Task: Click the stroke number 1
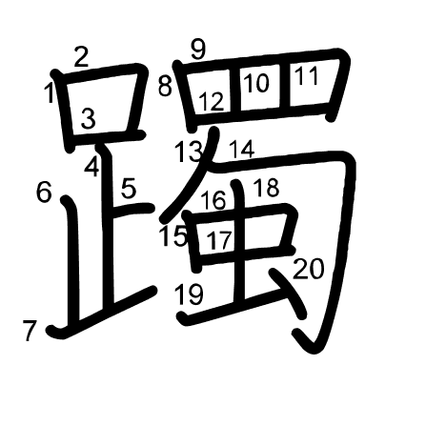[x=49, y=92]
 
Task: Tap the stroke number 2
[x=81, y=56]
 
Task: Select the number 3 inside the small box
[x=88, y=118]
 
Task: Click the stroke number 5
[x=129, y=188]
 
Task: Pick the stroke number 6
[x=44, y=192]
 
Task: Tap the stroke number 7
[x=30, y=331]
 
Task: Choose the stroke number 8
[x=165, y=86]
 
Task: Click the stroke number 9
[x=198, y=49]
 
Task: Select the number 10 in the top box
[x=256, y=83]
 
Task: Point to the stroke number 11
[x=306, y=75]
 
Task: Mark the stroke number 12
[x=212, y=102]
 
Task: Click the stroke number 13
[x=189, y=152]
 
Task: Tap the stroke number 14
[x=242, y=149]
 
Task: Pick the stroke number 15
[x=173, y=235]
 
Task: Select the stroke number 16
[x=213, y=200]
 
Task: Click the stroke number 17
[x=219, y=240]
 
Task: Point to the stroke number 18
[x=267, y=187]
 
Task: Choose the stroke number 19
[x=190, y=294]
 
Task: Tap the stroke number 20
[x=309, y=269]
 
